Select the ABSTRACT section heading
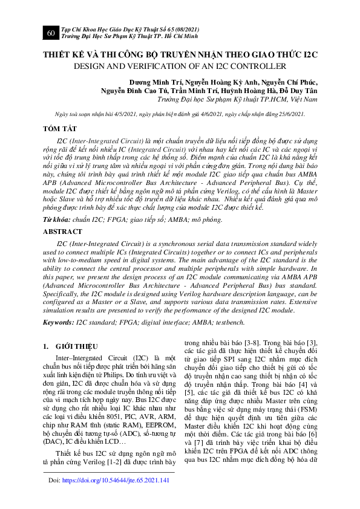(x=63, y=232)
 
